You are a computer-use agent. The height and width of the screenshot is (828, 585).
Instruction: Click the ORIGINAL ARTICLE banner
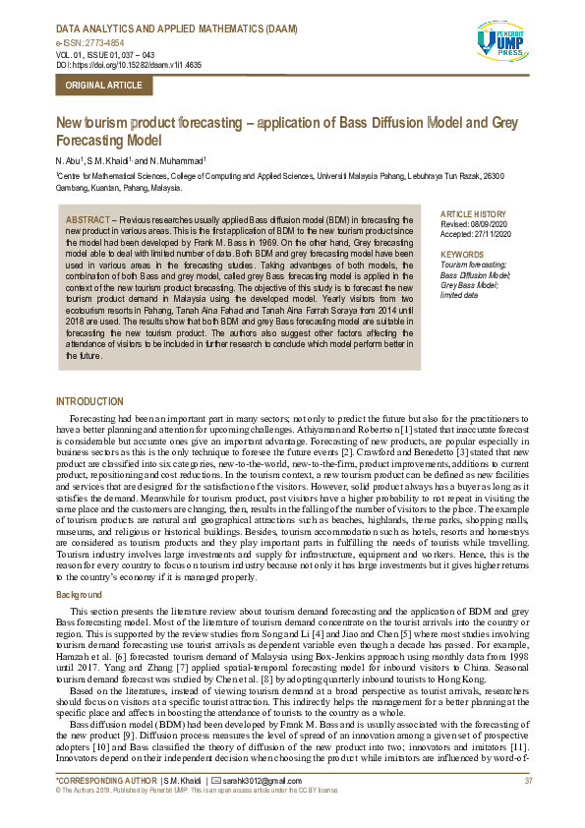pyautogui.click(x=103, y=86)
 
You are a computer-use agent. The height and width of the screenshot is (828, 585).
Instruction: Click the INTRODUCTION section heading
pyautogui.click(x=90, y=401)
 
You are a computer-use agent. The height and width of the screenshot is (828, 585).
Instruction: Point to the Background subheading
pyautogui.click(x=79, y=596)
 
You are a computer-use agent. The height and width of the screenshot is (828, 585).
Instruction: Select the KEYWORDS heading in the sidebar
pyautogui.click(x=463, y=255)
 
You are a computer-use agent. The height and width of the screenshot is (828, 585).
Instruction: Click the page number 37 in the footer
pyautogui.click(x=528, y=780)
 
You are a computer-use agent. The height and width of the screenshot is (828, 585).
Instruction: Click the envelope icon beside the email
pyautogui.click(x=228, y=780)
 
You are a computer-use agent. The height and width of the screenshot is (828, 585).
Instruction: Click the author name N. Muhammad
pyautogui.click(x=177, y=159)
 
